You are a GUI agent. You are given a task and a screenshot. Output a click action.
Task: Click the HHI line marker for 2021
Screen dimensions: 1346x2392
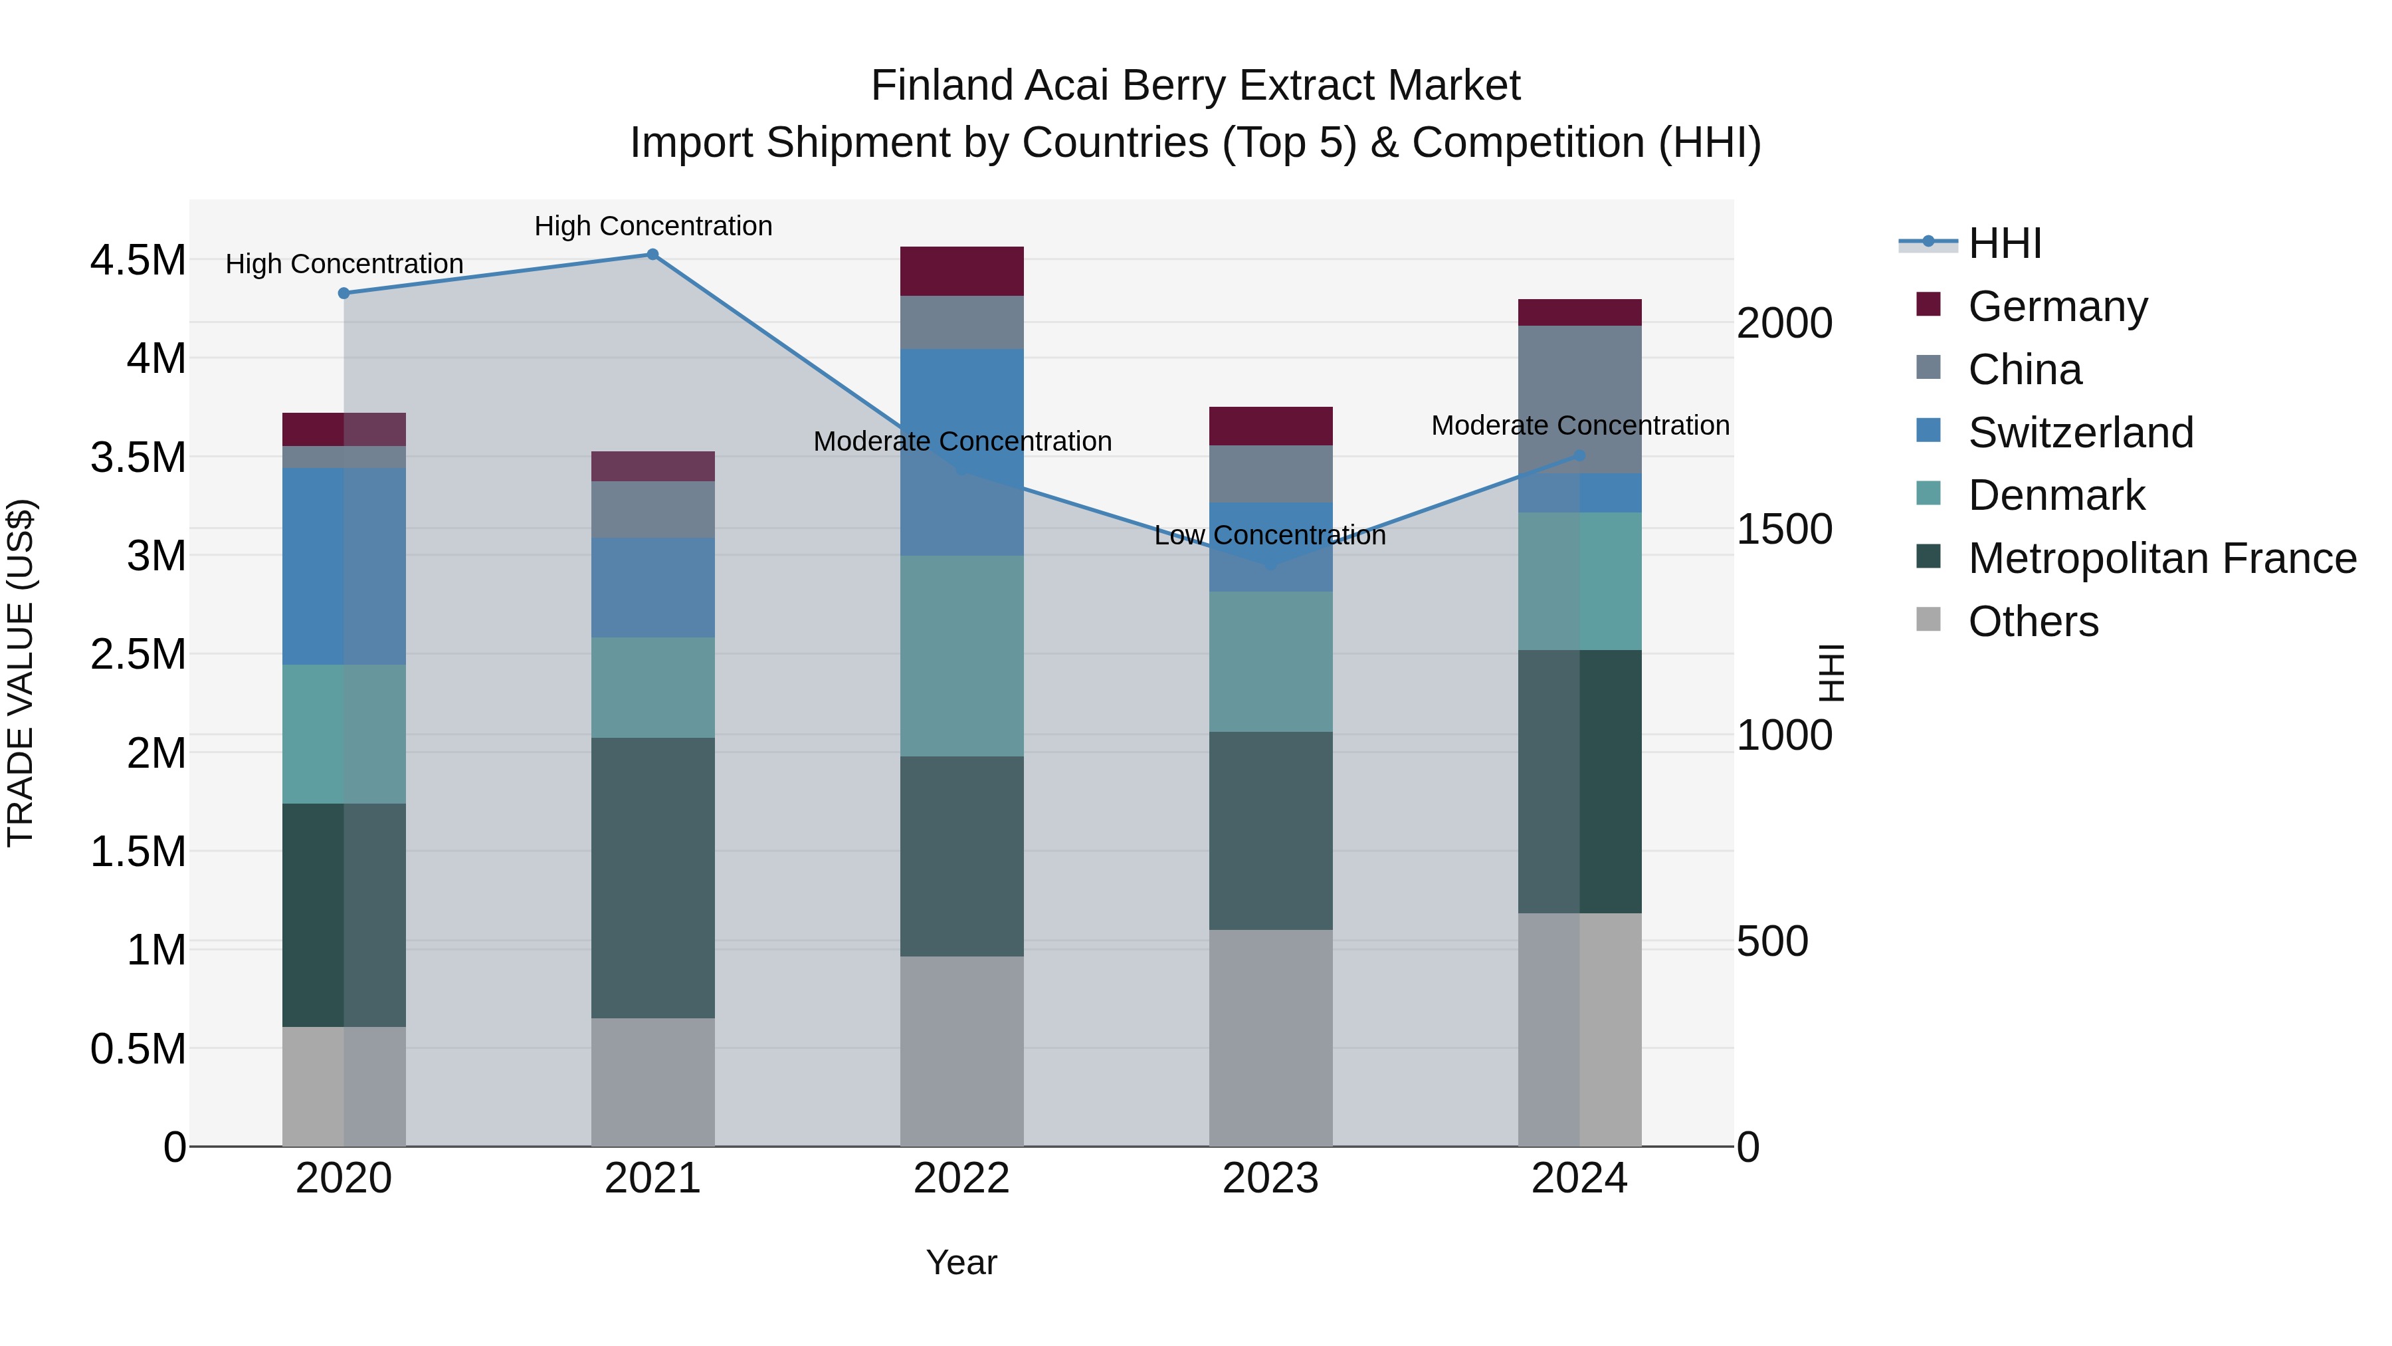tap(652, 255)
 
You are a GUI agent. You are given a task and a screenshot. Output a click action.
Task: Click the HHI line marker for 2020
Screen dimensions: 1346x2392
tap(344, 292)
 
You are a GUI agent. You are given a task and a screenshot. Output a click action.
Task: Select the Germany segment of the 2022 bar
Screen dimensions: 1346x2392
tap(962, 271)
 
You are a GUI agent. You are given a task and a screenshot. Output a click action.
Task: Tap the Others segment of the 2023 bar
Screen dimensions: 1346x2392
tap(1270, 1038)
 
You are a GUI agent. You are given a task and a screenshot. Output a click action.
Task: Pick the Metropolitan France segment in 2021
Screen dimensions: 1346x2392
tap(652, 878)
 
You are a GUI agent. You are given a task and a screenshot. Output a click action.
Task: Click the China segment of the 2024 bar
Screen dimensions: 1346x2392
tap(1579, 399)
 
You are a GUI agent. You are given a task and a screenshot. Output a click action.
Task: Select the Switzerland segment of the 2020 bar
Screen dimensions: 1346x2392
tap(344, 566)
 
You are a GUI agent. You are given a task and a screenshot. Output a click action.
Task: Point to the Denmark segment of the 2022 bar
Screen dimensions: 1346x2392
tap(962, 656)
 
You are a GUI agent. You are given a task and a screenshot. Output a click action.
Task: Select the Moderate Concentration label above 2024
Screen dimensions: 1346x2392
tap(1579, 425)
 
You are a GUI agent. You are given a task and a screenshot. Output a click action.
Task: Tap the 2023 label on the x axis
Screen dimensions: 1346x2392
tap(1270, 1178)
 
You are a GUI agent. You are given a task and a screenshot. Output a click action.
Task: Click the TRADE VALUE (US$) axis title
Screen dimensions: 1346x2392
tap(21, 673)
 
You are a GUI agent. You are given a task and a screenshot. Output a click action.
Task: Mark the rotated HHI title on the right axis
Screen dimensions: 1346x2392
tap(1831, 673)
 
